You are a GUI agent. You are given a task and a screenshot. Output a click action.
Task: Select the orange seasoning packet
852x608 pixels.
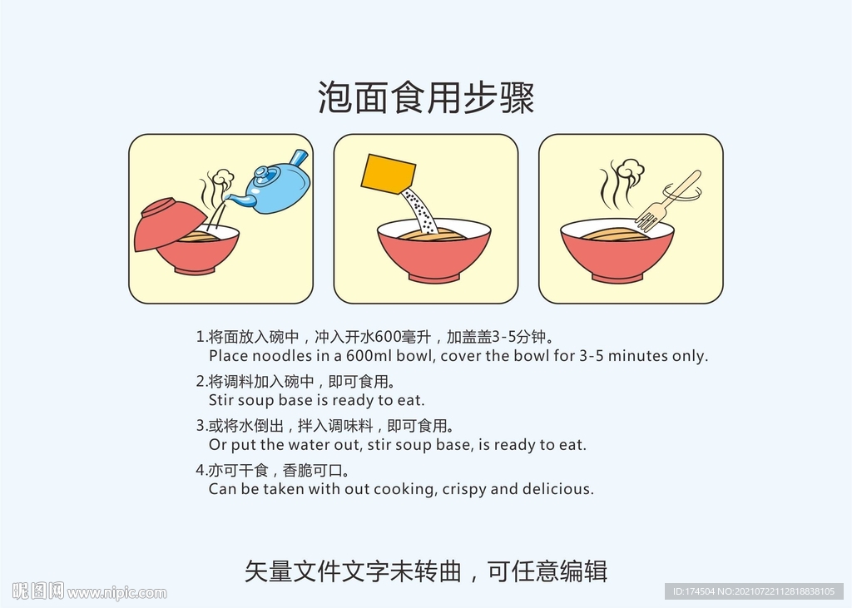coord(388,174)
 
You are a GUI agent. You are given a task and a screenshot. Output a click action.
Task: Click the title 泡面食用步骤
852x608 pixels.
coord(425,98)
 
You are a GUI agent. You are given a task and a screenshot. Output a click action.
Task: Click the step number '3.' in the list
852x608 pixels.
coord(201,426)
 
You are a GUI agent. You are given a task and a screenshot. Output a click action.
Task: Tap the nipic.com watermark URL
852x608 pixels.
coord(116,593)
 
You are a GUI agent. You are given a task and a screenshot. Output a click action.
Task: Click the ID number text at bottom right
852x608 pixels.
coord(752,591)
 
